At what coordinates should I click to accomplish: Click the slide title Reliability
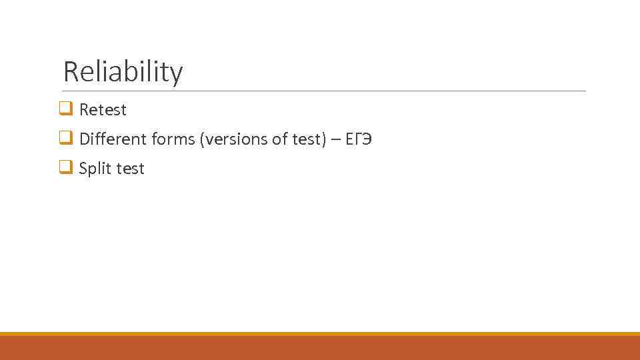(x=123, y=72)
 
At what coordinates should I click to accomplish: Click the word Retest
(x=103, y=109)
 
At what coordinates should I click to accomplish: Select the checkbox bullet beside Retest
(x=66, y=109)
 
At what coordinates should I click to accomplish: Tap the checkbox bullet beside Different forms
(x=66, y=138)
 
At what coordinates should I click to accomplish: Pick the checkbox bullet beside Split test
(x=66, y=168)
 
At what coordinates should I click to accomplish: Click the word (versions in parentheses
(x=233, y=139)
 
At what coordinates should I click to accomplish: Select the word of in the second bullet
(x=279, y=139)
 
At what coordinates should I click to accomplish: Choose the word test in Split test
(x=130, y=169)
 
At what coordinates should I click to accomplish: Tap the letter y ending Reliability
(x=176, y=75)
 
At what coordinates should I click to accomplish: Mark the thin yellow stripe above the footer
(x=320, y=333)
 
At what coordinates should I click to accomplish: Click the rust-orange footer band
(x=320, y=348)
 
